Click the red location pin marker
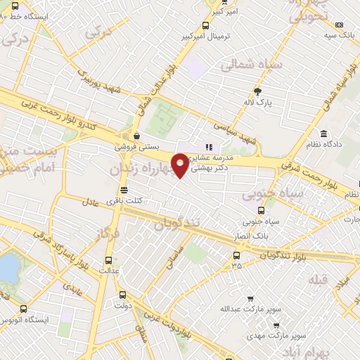point(181,164)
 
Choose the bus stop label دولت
point(122,306)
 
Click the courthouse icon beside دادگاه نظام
point(323,134)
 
